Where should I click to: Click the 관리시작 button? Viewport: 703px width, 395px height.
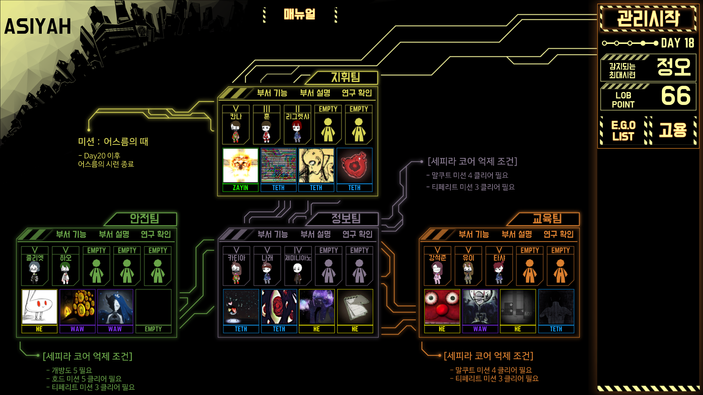pos(648,18)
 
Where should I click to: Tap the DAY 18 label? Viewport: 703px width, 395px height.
pos(677,43)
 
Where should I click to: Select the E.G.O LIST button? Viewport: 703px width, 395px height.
pos(623,131)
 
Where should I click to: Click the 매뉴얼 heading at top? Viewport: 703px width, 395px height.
pos(300,14)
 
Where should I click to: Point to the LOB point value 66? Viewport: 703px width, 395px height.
pos(676,96)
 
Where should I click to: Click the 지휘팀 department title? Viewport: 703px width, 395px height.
pos(346,78)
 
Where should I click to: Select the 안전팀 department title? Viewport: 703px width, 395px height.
pos(144,219)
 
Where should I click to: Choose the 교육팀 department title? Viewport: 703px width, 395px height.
pos(547,219)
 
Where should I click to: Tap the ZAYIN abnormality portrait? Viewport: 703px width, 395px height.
pos(241,166)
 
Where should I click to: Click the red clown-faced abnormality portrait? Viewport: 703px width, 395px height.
pos(442,307)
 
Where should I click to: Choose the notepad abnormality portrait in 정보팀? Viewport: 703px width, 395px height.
pos(355,307)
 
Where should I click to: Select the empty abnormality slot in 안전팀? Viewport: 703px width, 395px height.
pos(153,311)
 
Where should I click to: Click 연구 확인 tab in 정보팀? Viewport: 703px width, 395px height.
pos(357,234)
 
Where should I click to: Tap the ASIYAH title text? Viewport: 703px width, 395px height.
pos(38,26)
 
